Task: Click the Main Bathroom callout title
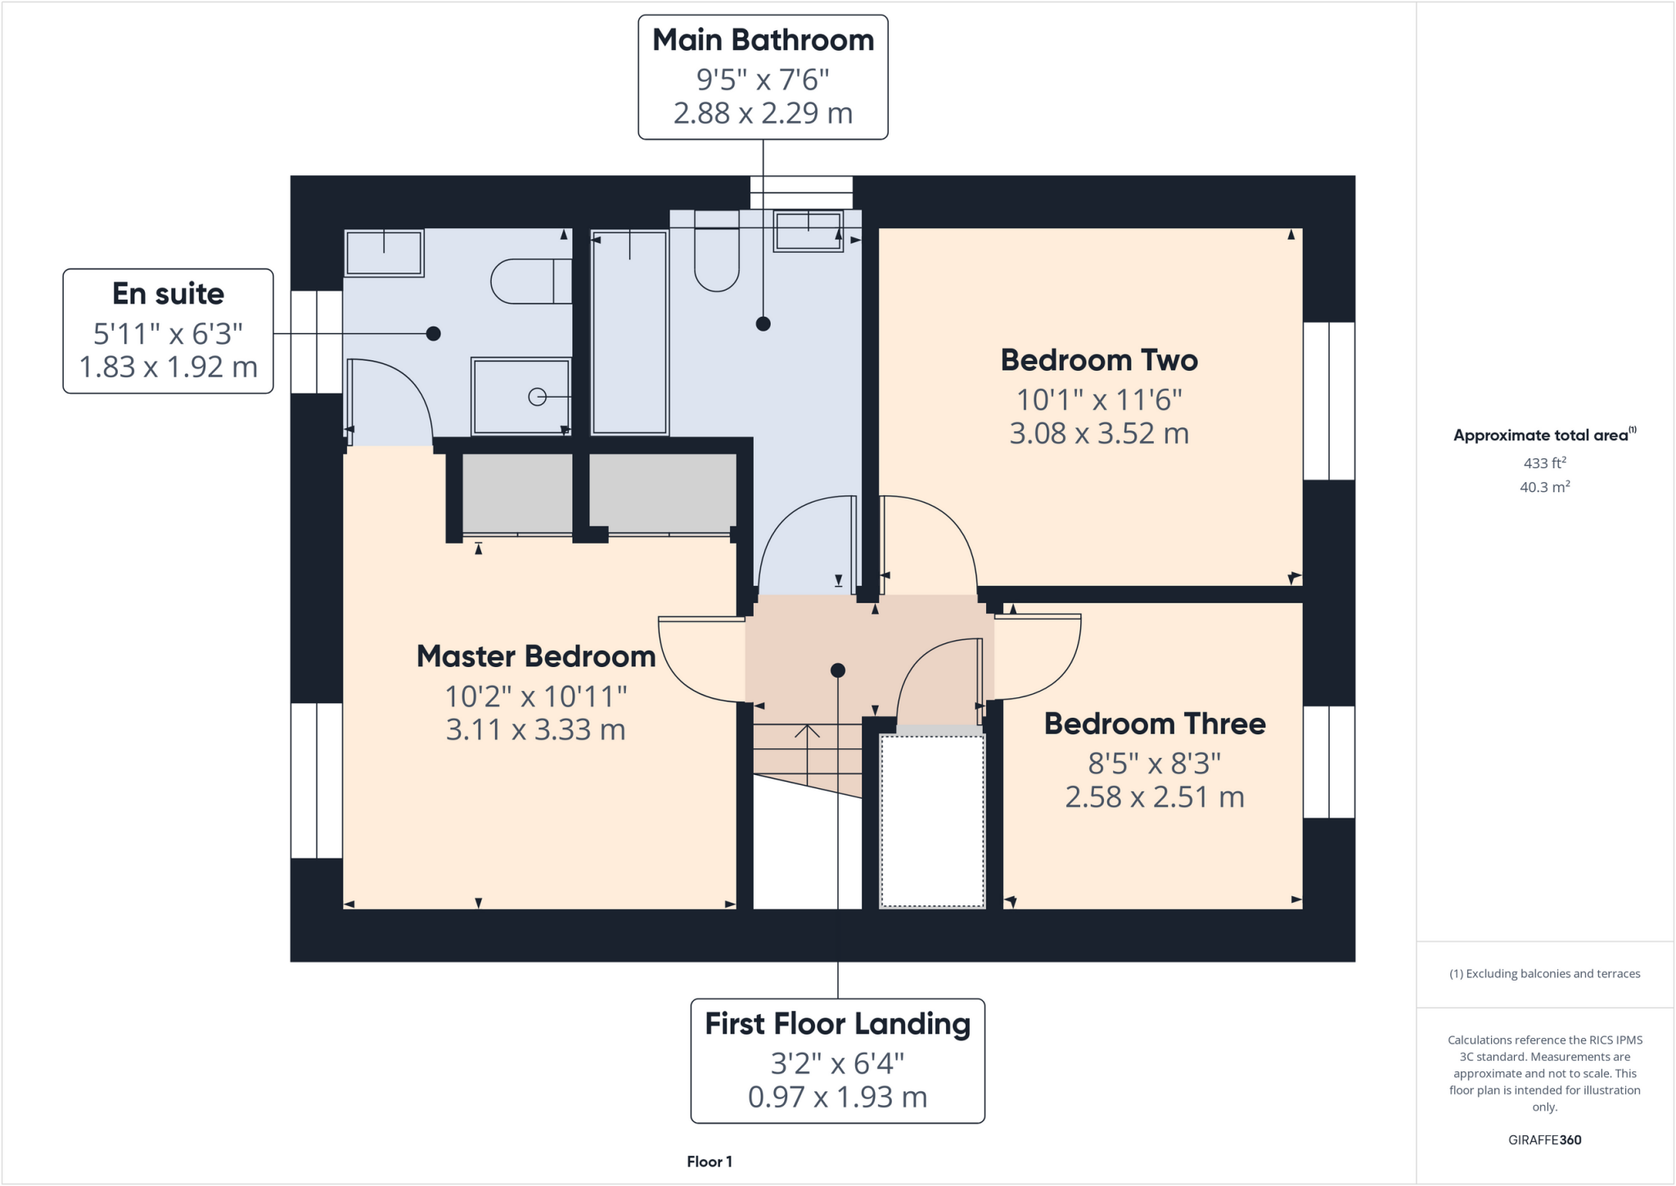point(763,40)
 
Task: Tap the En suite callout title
point(168,294)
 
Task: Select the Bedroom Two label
point(1099,360)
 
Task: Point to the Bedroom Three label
point(1155,724)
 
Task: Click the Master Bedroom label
point(536,656)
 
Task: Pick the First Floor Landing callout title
point(837,1024)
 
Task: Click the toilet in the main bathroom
point(717,253)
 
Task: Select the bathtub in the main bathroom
point(629,331)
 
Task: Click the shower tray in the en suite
point(520,396)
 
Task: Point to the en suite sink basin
point(384,253)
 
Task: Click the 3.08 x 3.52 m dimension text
point(1099,433)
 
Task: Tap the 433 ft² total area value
point(1544,463)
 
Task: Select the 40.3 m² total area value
point(1544,488)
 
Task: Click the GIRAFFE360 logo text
point(1544,1139)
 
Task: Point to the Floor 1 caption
point(710,1161)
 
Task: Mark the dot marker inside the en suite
point(434,333)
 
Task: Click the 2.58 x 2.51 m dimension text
point(1155,797)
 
